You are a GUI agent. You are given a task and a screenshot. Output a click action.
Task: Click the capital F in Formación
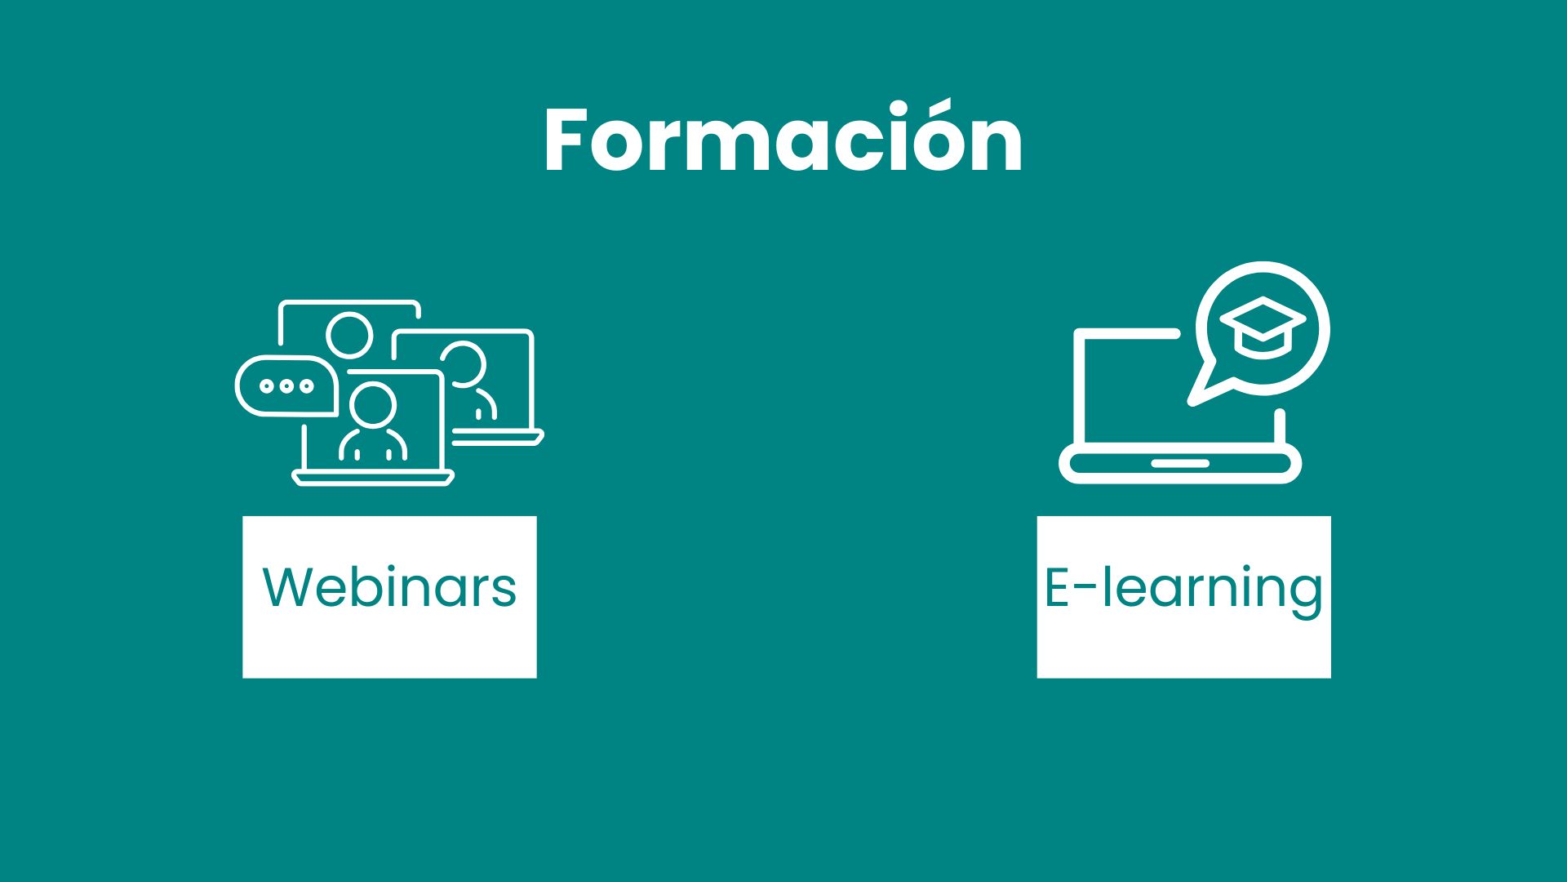(566, 140)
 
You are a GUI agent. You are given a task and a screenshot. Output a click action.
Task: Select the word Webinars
(389, 587)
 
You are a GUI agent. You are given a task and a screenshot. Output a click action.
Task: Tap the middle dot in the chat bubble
(286, 386)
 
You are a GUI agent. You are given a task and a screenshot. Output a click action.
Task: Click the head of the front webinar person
(373, 406)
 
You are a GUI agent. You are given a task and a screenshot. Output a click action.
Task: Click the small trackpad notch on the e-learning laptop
(1180, 463)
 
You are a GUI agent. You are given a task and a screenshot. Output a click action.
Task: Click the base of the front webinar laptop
(373, 478)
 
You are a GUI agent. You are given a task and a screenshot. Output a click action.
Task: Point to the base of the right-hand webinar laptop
(498, 438)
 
